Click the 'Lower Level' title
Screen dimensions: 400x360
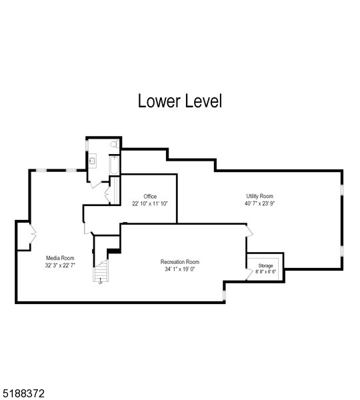(x=179, y=101)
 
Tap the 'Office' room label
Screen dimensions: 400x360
(x=150, y=196)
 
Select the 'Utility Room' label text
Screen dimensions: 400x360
(x=260, y=196)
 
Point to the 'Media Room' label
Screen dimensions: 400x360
(x=60, y=257)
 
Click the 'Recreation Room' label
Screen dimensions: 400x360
(x=180, y=262)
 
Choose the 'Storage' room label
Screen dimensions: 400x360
(x=265, y=265)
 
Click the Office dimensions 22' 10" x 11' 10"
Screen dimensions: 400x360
(x=150, y=203)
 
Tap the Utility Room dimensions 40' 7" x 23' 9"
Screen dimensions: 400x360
(x=260, y=203)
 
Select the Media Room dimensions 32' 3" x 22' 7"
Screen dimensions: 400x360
(x=60, y=265)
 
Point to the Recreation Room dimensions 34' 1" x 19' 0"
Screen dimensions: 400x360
(x=180, y=269)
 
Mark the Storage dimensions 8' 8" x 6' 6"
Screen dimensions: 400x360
(x=265, y=271)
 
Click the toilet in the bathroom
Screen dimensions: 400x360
(x=115, y=143)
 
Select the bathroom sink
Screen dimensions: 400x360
(x=93, y=160)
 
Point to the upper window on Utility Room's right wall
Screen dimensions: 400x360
(x=342, y=189)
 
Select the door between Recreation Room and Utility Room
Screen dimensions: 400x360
(x=250, y=230)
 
